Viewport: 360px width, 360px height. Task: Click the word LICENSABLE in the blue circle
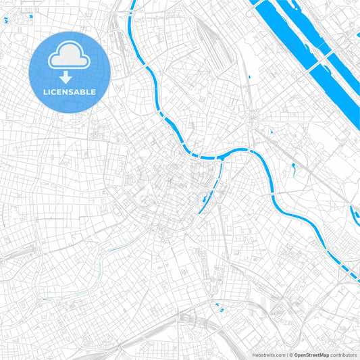pos(70,91)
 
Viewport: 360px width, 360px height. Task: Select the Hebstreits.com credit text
pos(267,354)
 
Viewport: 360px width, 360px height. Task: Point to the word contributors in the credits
pos(343,354)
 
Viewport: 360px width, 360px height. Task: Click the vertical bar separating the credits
pos(287,354)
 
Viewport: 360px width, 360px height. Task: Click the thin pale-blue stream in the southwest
pos(101,260)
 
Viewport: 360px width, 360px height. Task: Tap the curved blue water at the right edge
pos(355,215)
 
